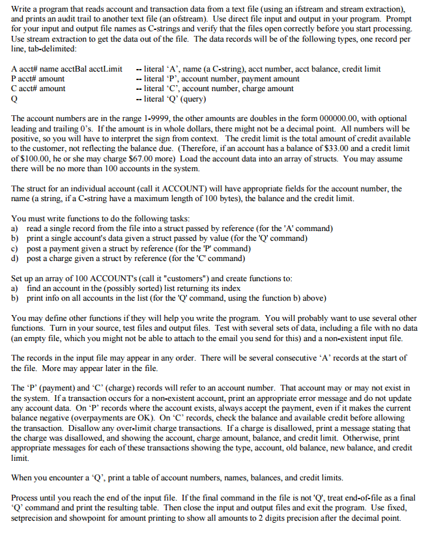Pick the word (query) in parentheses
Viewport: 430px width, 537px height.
click(x=193, y=99)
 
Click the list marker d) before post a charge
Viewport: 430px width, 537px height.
click(x=15, y=258)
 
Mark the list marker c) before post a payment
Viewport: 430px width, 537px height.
click(x=15, y=248)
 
